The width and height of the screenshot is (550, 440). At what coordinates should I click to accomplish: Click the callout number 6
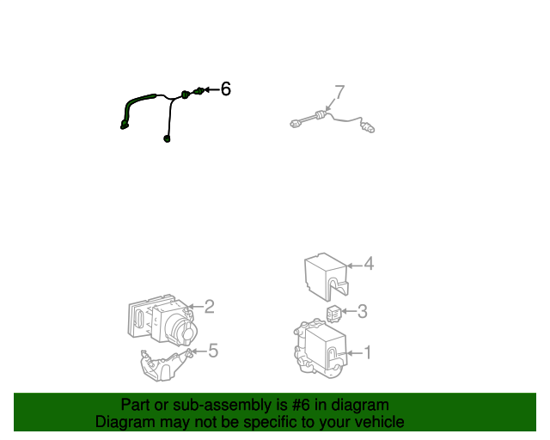click(225, 89)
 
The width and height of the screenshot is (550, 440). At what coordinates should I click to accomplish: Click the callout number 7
click(339, 92)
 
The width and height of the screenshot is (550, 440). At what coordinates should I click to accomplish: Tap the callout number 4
click(369, 264)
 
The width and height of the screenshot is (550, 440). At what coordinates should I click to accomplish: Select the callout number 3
click(363, 311)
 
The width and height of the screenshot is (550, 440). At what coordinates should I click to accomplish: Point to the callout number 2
click(209, 306)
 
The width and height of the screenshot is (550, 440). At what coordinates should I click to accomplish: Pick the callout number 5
click(213, 351)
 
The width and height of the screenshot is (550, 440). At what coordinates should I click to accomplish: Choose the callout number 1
click(367, 352)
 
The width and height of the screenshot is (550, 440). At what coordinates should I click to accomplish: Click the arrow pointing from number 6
click(211, 90)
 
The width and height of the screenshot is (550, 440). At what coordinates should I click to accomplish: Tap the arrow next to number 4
click(354, 266)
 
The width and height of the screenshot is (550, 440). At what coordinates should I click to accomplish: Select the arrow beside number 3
click(349, 311)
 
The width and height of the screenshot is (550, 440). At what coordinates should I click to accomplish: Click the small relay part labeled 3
click(333, 314)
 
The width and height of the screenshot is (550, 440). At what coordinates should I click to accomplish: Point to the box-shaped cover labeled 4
click(327, 277)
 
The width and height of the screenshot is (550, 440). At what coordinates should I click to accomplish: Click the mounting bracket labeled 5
click(165, 365)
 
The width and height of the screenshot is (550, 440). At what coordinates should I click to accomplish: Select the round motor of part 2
click(183, 330)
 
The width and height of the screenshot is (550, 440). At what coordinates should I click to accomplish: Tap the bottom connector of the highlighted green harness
click(167, 138)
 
